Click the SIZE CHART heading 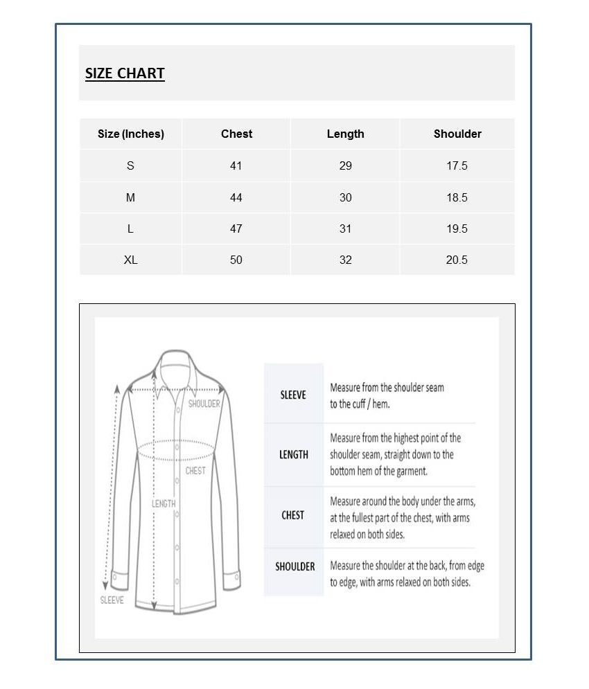(x=125, y=73)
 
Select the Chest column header (x=236, y=134)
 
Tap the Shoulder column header (x=457, y=134)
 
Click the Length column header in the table (x=345, y=134)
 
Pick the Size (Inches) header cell (x=131, y=134)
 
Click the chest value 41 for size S (x=236, y=165)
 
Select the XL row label (x=131, y=260)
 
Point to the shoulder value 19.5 (x=457, y=229)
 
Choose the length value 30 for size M (x=345, y=197)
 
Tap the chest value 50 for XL (x=236, y=260)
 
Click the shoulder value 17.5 (x=457, y=165)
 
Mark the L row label (x=131, y=229)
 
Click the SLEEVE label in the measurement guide (x=293, y=395)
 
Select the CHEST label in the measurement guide (x=293, y=515)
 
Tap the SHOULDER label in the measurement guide (x=295, y=566)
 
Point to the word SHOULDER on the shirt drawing (x=204, y=404)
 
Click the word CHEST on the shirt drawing (x=195, y=471)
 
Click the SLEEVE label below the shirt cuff (x=112, y=600)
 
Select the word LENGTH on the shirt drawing (x=164, y=503)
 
